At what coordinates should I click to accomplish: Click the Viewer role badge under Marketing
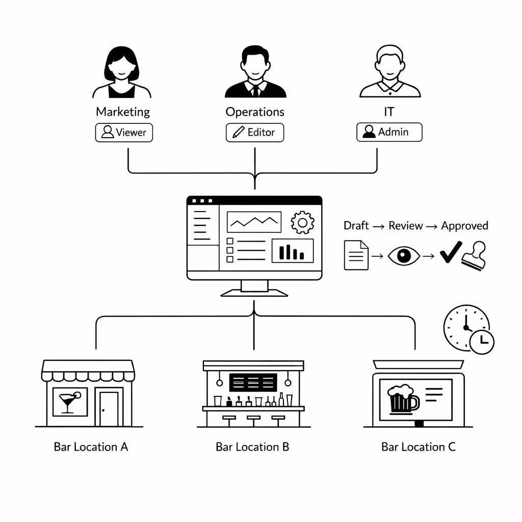124,133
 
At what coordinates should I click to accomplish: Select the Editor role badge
254,133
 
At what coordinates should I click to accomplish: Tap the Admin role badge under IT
389,132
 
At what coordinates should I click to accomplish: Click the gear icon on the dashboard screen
302,222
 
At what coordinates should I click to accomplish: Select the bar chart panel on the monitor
292,250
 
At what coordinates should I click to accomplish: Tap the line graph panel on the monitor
254,222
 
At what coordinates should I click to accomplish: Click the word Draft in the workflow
356,226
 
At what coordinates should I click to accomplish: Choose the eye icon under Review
404,255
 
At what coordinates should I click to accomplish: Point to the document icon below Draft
356,255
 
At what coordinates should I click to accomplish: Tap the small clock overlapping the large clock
482,342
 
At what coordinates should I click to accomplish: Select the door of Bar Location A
109,408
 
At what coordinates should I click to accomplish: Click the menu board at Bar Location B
253,382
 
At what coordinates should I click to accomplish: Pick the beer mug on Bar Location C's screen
402,399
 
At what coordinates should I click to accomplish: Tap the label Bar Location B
252,447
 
